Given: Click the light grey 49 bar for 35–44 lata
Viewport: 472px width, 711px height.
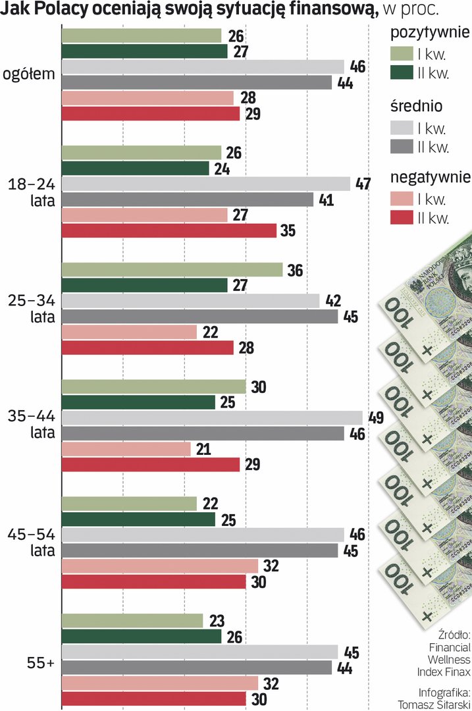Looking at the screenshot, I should [x=211, y=418].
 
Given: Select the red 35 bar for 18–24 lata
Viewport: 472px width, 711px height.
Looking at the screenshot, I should [x=169, y=230].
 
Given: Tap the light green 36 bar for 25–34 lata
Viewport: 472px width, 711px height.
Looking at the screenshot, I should [x=172, y=270].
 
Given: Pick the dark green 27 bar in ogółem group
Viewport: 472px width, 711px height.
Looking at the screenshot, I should [x=144, y=51].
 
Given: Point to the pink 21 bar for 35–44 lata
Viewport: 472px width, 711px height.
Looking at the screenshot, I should [x=126, y=449].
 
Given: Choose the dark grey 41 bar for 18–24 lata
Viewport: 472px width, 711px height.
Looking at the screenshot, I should [x=187, y=199].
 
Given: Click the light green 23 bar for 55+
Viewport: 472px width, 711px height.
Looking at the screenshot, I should [x=132, y=621].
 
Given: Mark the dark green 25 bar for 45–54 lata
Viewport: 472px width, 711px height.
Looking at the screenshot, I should [x=138, y=519].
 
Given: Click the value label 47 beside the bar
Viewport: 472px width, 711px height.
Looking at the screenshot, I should [x=363, y=184].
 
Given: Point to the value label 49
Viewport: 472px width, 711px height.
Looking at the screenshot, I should [x=375, y=418].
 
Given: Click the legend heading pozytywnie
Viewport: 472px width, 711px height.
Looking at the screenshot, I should [x=430, y=32].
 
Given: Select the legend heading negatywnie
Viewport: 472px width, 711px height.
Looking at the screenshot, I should [x=430, y=177].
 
